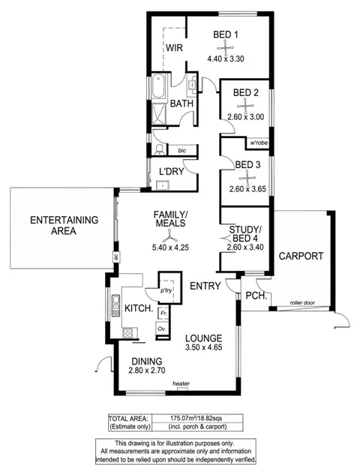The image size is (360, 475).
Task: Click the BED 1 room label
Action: pos(225,35)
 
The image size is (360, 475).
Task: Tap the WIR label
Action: pos(175,48)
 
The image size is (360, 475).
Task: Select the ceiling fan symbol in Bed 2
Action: pos(245,106)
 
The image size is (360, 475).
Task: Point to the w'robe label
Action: pos(259,141)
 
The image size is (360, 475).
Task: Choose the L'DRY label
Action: pos(173,172)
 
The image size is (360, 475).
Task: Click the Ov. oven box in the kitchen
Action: pos(161,329)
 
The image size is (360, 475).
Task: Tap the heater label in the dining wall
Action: pos(181,384)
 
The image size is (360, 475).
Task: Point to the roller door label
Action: pos(304,304)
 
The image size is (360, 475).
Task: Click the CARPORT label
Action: pos(301,256)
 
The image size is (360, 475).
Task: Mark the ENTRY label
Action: pos(204,286)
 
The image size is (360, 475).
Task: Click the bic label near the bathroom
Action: pos(171,150)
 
